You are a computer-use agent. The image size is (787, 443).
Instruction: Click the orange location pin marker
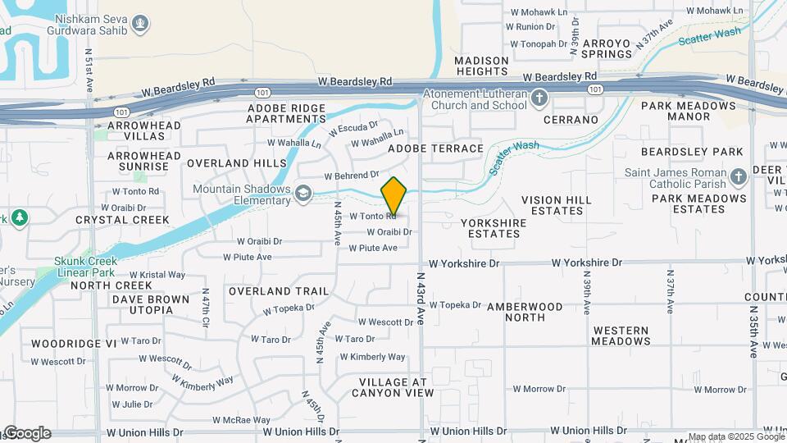pos(394,197)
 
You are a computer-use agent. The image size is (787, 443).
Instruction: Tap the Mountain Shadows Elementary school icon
pos(303,194)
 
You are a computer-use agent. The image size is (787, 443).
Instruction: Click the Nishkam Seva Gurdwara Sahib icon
pos(140,23)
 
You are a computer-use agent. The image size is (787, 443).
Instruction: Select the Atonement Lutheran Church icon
pos(539,100)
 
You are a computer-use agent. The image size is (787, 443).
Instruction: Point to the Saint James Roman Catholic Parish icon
pos(738,177)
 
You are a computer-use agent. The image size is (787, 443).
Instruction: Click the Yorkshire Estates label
pos(490,228)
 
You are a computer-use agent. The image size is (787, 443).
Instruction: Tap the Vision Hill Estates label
pos(557,205)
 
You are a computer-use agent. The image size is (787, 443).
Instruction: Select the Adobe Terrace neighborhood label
pos(435,148)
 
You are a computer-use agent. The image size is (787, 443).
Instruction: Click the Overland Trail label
pos(279,291)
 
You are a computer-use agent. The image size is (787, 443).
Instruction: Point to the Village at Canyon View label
pos(392,387)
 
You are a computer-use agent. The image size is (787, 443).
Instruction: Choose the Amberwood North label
pos(536,312)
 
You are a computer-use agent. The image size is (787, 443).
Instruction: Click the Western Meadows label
pos(621,335)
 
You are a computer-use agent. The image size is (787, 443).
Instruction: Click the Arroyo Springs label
pos(607,48)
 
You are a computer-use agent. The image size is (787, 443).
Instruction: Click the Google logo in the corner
pos(26,433)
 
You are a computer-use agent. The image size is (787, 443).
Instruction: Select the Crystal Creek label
pos(122,220)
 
